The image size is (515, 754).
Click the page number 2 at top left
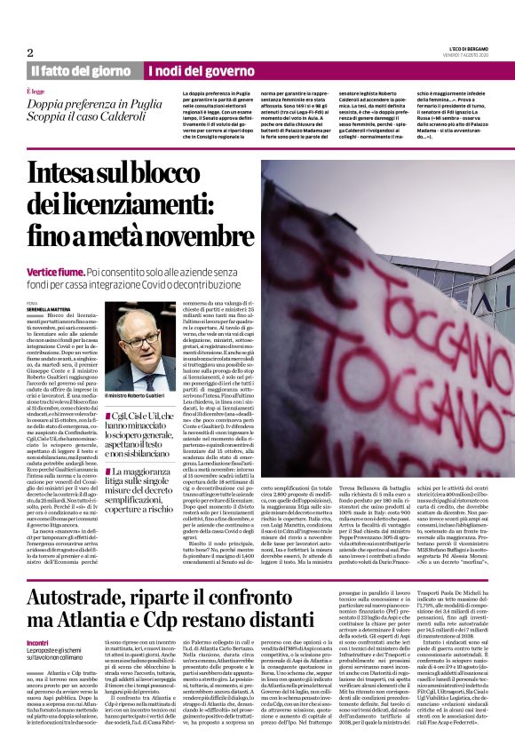coord(30,52)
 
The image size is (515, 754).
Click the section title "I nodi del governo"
coord(188,70)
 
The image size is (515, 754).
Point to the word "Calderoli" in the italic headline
coord(129,115)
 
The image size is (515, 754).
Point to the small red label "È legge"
coord(35,91)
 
